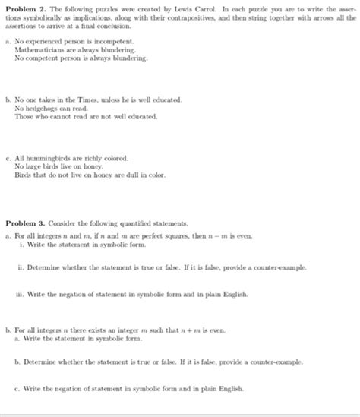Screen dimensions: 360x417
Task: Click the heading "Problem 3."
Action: click(26, 223)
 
